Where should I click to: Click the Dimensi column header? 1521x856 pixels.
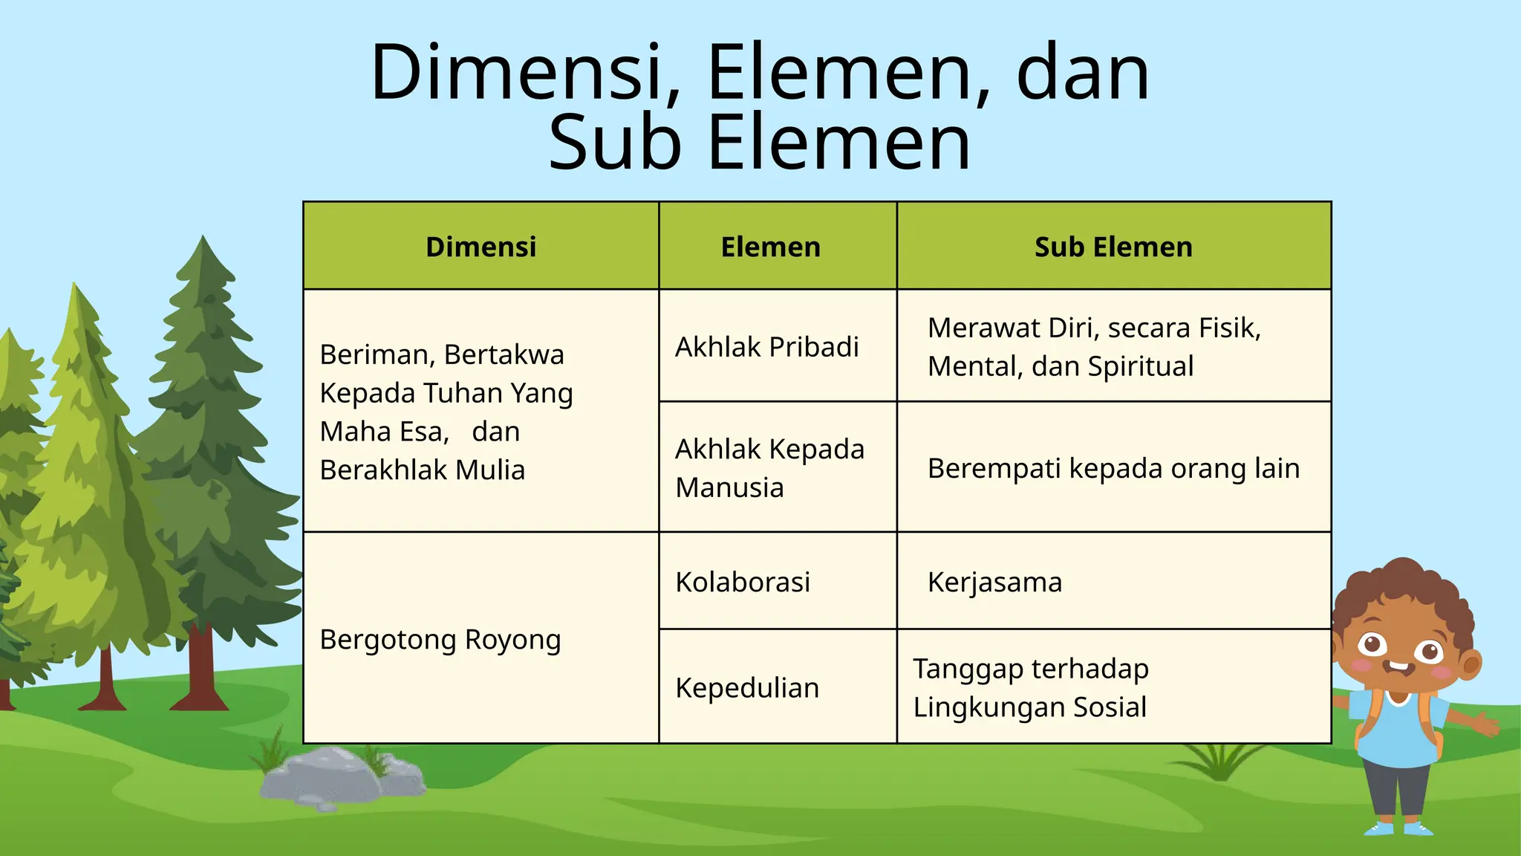coord(481,247)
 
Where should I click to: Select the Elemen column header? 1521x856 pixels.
coord(770,247)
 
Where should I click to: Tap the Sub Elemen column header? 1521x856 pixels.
coord(1113,247)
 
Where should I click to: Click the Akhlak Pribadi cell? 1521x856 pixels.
coord(766,347)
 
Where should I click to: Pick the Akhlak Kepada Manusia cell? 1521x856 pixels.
coord(769,468)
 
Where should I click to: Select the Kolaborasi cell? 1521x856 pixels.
coord(743,582)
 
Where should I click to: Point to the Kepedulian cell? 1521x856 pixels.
coord(747,688)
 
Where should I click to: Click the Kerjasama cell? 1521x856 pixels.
coord(994,582)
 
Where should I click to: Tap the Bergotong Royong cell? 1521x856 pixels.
coord(440,640)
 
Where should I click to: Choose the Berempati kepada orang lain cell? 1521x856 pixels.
coord(1113,469)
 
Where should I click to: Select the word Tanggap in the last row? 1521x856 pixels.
coord(958,669)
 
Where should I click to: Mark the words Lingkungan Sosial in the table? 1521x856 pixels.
coord(1029,707)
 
